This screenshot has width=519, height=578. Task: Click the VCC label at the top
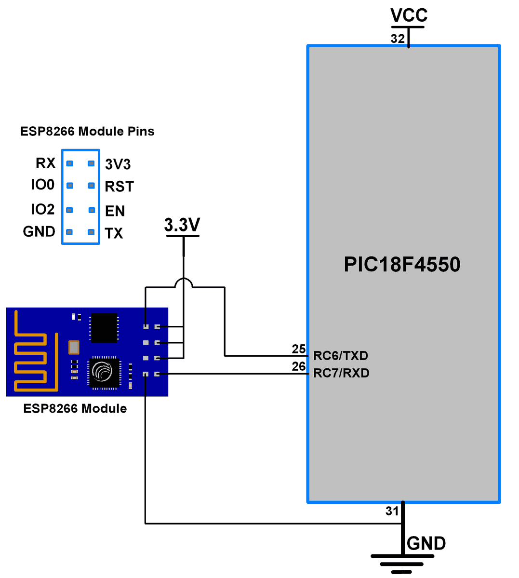point(409,15)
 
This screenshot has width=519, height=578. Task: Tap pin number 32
point(398,39)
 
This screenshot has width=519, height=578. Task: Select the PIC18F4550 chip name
point(402,265)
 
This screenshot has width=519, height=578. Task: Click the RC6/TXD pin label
point(341,356)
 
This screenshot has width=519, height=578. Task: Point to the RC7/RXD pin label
point(341,373)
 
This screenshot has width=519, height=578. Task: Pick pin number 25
point(299,349)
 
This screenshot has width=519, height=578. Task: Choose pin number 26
point(299,366)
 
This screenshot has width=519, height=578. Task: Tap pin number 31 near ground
point(392,511)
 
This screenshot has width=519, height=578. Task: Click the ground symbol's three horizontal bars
point(402,564)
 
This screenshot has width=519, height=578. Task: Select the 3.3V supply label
point(182,225)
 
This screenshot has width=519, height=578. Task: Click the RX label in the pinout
point(46,163)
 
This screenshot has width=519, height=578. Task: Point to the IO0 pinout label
point(43,185)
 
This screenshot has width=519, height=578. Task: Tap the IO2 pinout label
point(43,209)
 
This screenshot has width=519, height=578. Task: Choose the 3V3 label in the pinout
point(118,164)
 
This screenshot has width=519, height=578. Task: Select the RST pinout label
point(119,187)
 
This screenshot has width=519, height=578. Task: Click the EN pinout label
point(115,211)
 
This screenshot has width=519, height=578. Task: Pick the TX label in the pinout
point(114,233)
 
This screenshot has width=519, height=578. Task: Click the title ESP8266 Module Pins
point(87,132)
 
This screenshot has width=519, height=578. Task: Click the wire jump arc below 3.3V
point(184,281)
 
